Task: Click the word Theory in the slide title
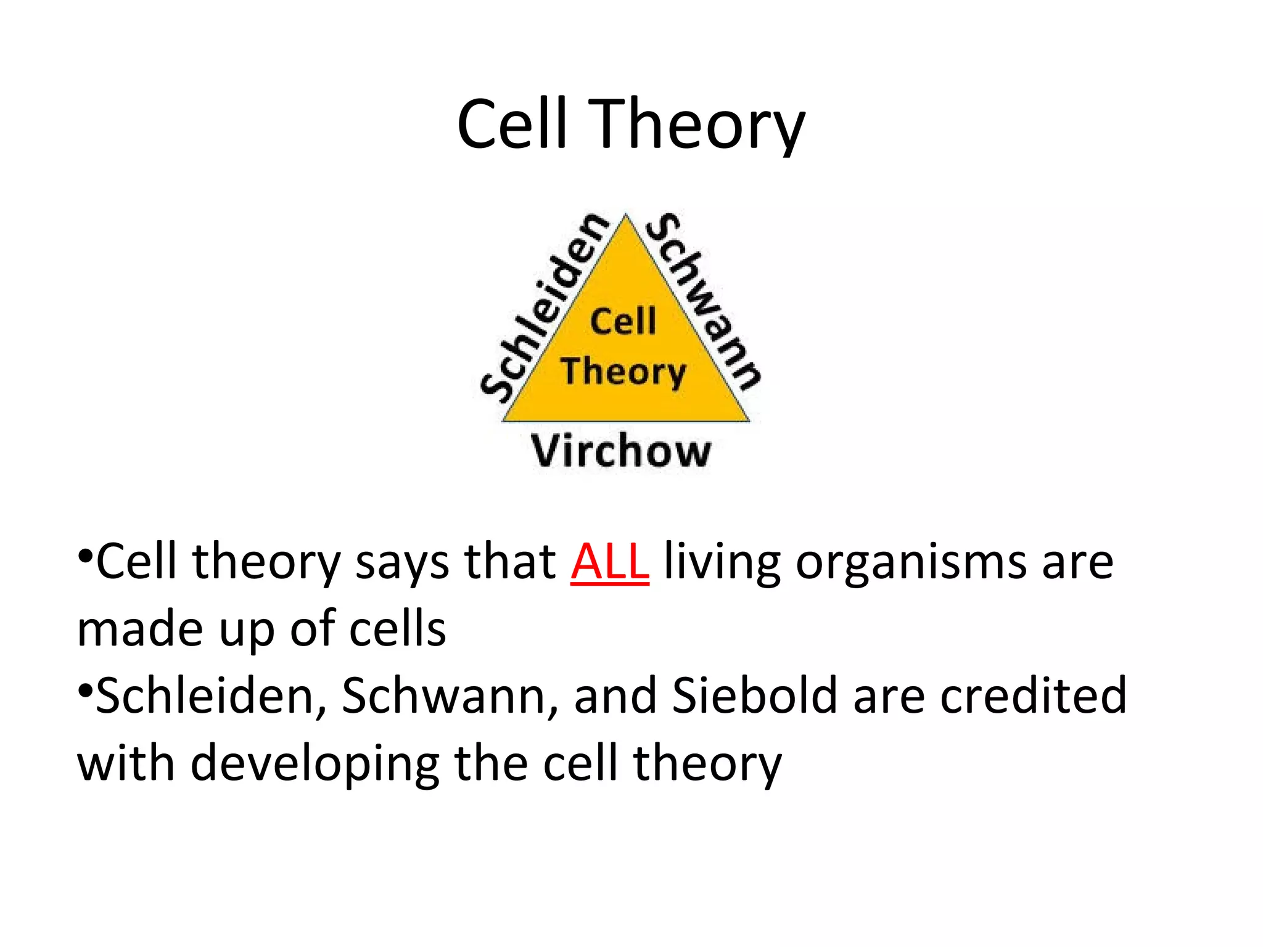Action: coord(697,125)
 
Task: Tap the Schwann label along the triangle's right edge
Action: coord(704,301)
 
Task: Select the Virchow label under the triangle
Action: coord(621,451)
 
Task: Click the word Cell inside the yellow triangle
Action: coord(623,321)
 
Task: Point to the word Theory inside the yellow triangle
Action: coord(623,372)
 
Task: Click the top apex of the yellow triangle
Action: coord(626,216)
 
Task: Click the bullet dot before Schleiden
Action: coord(85,687)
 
